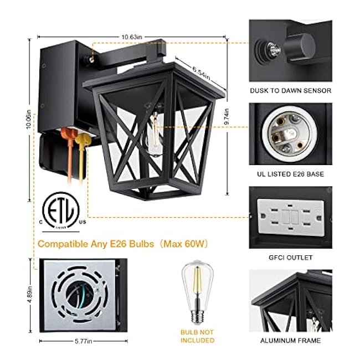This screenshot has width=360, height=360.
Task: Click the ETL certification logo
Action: coord(61,212)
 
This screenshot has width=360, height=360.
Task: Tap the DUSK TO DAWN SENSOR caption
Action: coord(290,90)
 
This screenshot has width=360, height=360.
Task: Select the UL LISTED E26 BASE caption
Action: coord(290,174)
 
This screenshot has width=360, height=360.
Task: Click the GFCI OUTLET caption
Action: coord(290,258)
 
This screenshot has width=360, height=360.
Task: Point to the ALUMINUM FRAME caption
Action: coord(290,341)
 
